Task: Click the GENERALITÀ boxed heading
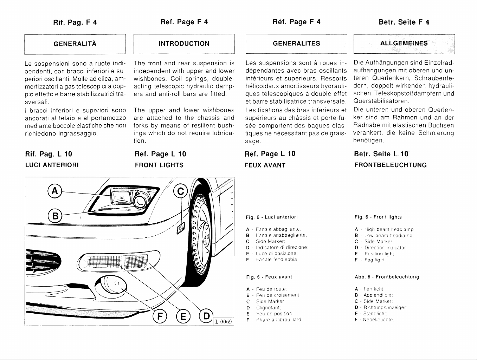pyautogui.click(x=75, y=44)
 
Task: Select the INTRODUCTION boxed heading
pyautogui.click(x=184, y=44)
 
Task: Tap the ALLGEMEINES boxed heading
pyautogui.click(x=404, y=44)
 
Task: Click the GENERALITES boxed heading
pyautogui.click(x=296, y=44)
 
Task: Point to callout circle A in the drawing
pyautogui.click(x=54, y=191)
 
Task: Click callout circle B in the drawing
pyautogui.click(x=54, y=215)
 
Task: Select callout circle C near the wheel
pyautogui.click(x=180, y=191)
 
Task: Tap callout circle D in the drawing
pyautogui.click(x=206, y=316)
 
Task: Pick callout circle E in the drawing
pyautogui.click(x=183, y=316)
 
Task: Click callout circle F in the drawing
pyautogui.click(x=160, y=316)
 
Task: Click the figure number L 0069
pyautogui.click(x=224, y=321)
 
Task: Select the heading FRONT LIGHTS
pyautogui.click(x=159, y=165)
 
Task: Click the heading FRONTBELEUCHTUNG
pyautogui.click(x=390, y=165)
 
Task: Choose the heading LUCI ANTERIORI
pyautogui.click(x=52, y=165)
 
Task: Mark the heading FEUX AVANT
pyautogui.click(x=265, y=165)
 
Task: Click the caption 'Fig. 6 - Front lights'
pyautogui.click(x=378, y=217)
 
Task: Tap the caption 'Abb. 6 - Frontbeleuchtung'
pyautogui.click(x=387, y=277)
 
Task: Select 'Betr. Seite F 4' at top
pyautogui.click(x=404, y=22)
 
